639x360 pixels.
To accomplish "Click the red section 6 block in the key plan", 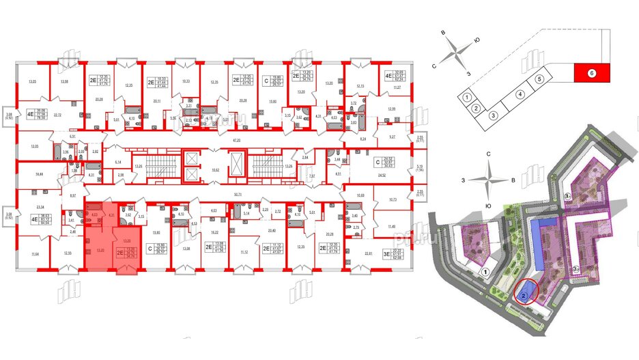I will [x=592, y=71].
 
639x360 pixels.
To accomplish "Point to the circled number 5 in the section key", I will [x=539, y=79].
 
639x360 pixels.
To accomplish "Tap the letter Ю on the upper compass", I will [x=477, y=40].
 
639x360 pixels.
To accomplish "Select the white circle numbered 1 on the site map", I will [x=485, y=272].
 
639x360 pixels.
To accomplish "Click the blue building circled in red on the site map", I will [x=523, y=296].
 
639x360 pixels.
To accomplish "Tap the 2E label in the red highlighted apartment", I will [x=120, y=252].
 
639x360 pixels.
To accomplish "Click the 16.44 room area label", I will [x=39, y=175].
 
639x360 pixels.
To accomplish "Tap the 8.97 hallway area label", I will [x=73, y=196].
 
